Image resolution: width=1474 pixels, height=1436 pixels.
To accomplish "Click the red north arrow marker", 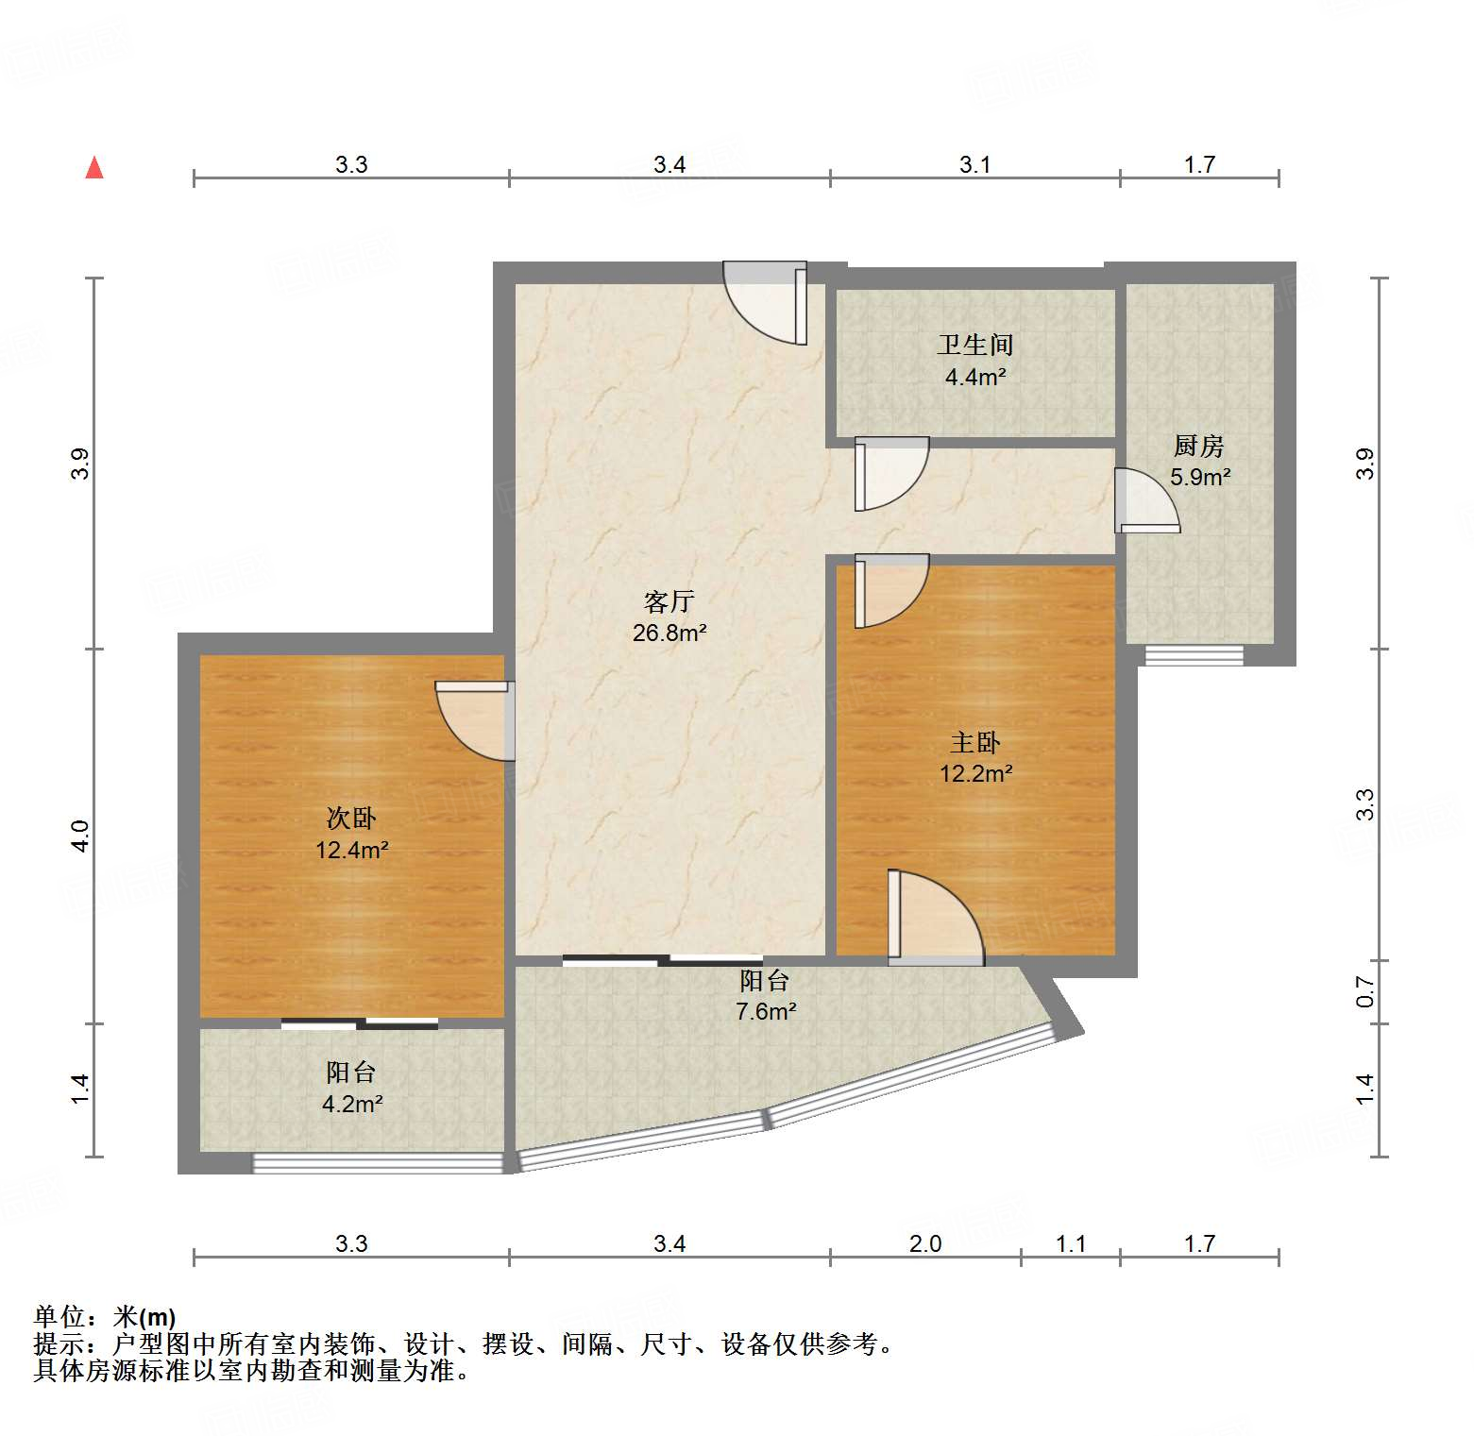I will coord(94,168).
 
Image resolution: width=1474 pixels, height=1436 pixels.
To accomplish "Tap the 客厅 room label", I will coord(669,601).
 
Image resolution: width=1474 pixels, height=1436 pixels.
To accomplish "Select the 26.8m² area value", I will coord(669,633).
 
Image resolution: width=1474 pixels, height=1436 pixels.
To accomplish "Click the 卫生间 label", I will coord(974,345).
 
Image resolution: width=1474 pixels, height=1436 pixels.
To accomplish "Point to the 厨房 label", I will coord(1198,446).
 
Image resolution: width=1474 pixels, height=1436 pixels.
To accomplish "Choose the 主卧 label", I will coord(974,743).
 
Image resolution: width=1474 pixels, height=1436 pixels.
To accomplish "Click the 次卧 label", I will coord(351,819).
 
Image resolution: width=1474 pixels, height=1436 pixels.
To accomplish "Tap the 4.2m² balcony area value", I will coord(351,1104).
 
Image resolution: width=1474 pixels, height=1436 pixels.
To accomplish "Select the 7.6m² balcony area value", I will coord(765,1011).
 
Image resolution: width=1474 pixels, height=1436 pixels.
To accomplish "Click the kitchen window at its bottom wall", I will coord(1194,655).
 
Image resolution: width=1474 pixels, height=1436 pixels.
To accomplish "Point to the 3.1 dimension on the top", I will coord(974,164).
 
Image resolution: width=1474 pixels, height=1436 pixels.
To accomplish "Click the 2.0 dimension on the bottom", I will coord(924,1243).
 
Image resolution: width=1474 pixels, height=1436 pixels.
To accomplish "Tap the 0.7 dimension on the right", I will coord(1364,991).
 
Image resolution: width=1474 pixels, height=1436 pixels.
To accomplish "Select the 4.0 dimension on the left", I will coord(80,836).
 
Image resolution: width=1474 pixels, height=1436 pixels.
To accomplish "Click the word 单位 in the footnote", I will coord(59,1316).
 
